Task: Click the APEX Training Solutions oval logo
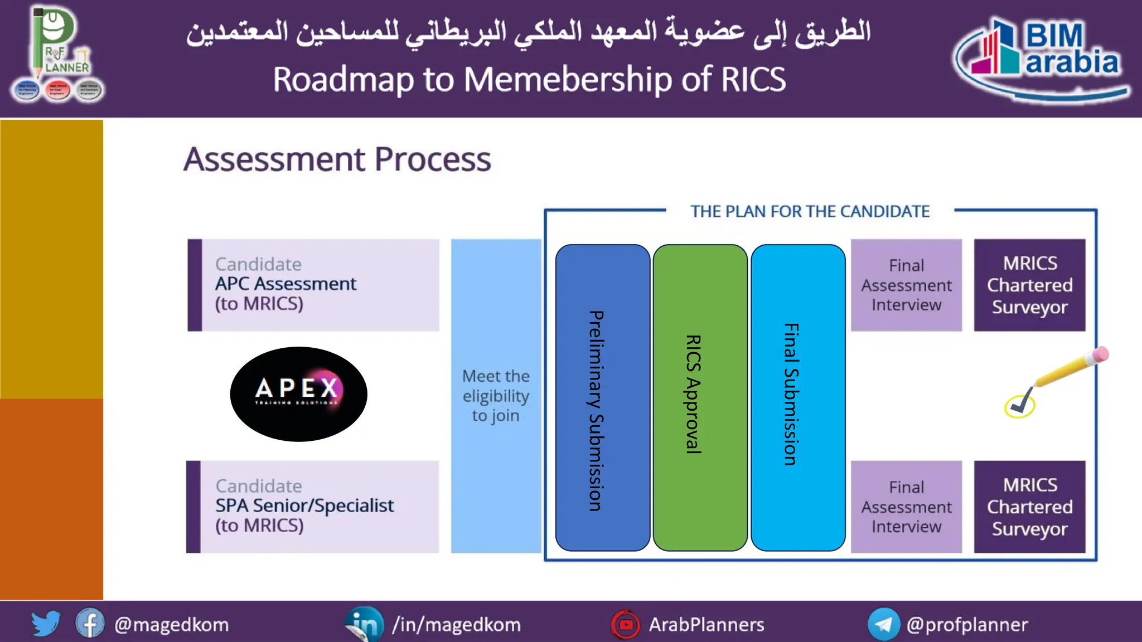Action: tap(298, 394)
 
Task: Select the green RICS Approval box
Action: tap(700, 397)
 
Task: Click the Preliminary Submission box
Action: tap(602, 397)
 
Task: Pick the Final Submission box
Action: tap(798, 397)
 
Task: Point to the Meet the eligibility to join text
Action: tap(496, 396)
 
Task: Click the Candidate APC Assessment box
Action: tap(313, 285)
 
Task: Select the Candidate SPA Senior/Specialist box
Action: tap(313, 507)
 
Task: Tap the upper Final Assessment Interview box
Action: tap(906, 285)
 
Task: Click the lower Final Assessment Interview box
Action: tap(906, 507)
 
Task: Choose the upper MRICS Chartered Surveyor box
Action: tap(1029, 285)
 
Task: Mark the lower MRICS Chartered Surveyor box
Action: tap(1029, 507)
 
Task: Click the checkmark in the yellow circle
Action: tap(1019, 406)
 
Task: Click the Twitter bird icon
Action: tap(46, 623)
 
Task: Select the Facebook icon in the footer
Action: tap(90, 624)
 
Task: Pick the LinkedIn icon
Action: tap(365, 624)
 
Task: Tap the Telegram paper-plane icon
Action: tap(884, 624)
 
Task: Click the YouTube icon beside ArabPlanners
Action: tap(626, 624)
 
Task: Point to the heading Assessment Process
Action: tap(337, 159)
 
